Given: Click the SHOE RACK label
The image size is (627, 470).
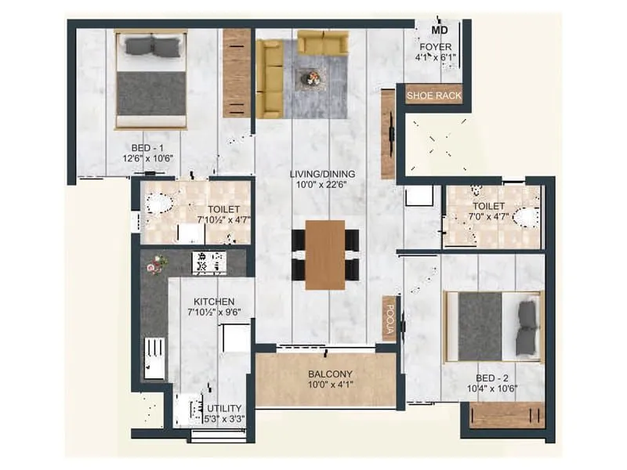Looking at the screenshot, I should (x=433, y=96).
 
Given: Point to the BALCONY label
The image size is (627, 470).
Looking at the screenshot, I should (x=329, y=374).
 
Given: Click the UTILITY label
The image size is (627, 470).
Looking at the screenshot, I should (x=225, y=408).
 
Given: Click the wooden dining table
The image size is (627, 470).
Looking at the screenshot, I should (x=324, y=255).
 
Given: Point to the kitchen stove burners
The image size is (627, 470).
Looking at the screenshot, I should (x=208, y=262).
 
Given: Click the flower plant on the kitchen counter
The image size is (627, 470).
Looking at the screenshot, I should (x=154, y=265).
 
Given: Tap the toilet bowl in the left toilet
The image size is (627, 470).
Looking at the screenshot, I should (x=160, y=204).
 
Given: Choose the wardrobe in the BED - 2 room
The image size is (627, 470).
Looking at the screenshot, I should (x=507, y=415).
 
